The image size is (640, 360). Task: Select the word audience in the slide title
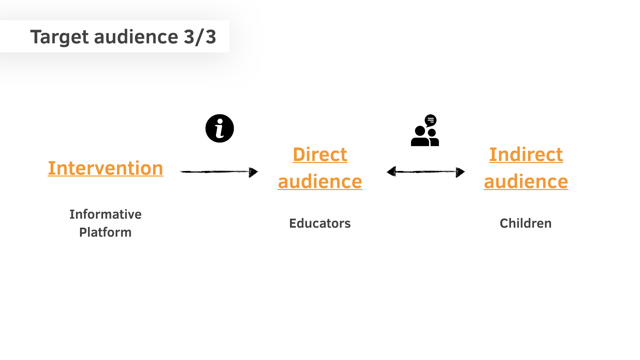pos(136,37)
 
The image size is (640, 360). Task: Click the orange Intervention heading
pos(106,168)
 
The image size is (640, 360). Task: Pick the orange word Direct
pos(320,155)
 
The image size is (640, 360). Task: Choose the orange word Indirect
pos(526,155)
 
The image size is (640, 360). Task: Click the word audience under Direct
pos(320,182)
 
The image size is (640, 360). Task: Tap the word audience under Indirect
pos(526,182)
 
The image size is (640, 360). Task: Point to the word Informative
pos(105,214)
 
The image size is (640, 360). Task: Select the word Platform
pos(105,232)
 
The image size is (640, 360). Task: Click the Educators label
pos(320,223)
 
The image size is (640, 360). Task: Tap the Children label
pos(526,223)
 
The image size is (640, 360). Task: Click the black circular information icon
pos(220,128)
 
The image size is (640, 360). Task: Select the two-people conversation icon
pos(425,130)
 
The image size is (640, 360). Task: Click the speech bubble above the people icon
pos(431,120)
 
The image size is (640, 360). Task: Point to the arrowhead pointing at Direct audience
pos(253,172)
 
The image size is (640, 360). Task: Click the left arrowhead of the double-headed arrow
pos(391,172)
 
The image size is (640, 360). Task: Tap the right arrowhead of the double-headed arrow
pos(460,172)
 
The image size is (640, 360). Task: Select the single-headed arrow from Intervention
pos(219,172)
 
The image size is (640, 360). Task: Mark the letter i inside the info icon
pos(219,129)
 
